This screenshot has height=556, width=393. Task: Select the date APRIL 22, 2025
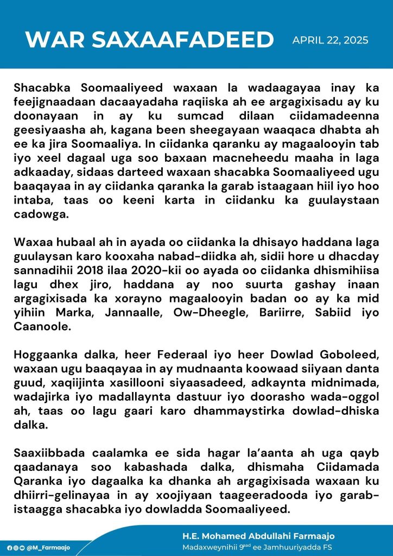331,40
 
